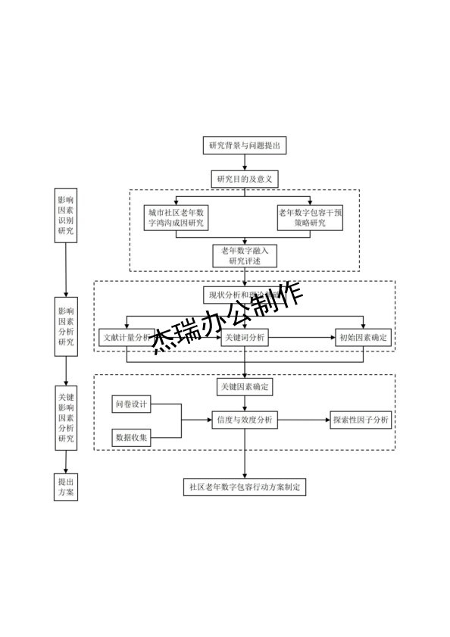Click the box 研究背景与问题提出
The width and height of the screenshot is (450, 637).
click(244, 145)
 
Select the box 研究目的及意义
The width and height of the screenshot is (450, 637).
click(244, 179)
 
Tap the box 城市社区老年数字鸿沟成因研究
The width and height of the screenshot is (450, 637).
click(177, 218)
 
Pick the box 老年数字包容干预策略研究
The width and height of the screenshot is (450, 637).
click(311, 218)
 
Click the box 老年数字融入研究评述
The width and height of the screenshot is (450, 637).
click(244, 255)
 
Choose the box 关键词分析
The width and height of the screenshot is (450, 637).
click(244, 338)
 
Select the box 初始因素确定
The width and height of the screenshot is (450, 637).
click(364, 338)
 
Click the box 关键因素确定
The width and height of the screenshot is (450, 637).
click(244, 387)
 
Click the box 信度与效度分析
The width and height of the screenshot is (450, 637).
click(244, 420)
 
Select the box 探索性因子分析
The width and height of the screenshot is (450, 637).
click(361, 420)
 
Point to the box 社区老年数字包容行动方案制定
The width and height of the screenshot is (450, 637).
click(244, 487)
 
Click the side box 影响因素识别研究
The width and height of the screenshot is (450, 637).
click(66, 215)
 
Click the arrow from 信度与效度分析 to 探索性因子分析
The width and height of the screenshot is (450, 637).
click(303, 420)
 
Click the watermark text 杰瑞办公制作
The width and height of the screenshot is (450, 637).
click(227, 318)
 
